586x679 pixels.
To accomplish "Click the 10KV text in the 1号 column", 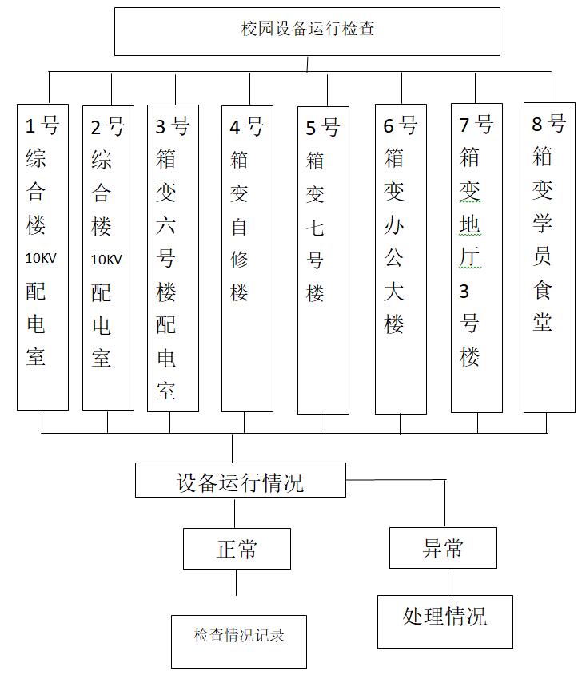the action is [41, 259].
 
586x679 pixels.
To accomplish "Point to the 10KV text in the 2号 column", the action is [106, 260].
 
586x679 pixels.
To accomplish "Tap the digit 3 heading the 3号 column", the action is [161, 127].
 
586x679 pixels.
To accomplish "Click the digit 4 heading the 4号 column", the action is [235, 128].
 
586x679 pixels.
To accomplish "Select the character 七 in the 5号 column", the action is [315, 228].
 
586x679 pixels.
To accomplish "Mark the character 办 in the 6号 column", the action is [393, 225].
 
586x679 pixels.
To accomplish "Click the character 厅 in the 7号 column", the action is [470, 257].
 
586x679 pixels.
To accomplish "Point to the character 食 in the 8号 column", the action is [542, 289].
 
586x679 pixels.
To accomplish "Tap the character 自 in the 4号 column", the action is [239, 227].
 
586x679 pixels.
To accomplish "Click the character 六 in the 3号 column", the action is [165, 225].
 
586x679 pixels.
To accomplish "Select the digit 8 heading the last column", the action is [537, 125].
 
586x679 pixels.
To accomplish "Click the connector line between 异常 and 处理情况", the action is [448, 582].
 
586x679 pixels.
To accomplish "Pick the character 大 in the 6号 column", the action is [393, 291].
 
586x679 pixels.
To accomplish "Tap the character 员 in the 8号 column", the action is [542, 256].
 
